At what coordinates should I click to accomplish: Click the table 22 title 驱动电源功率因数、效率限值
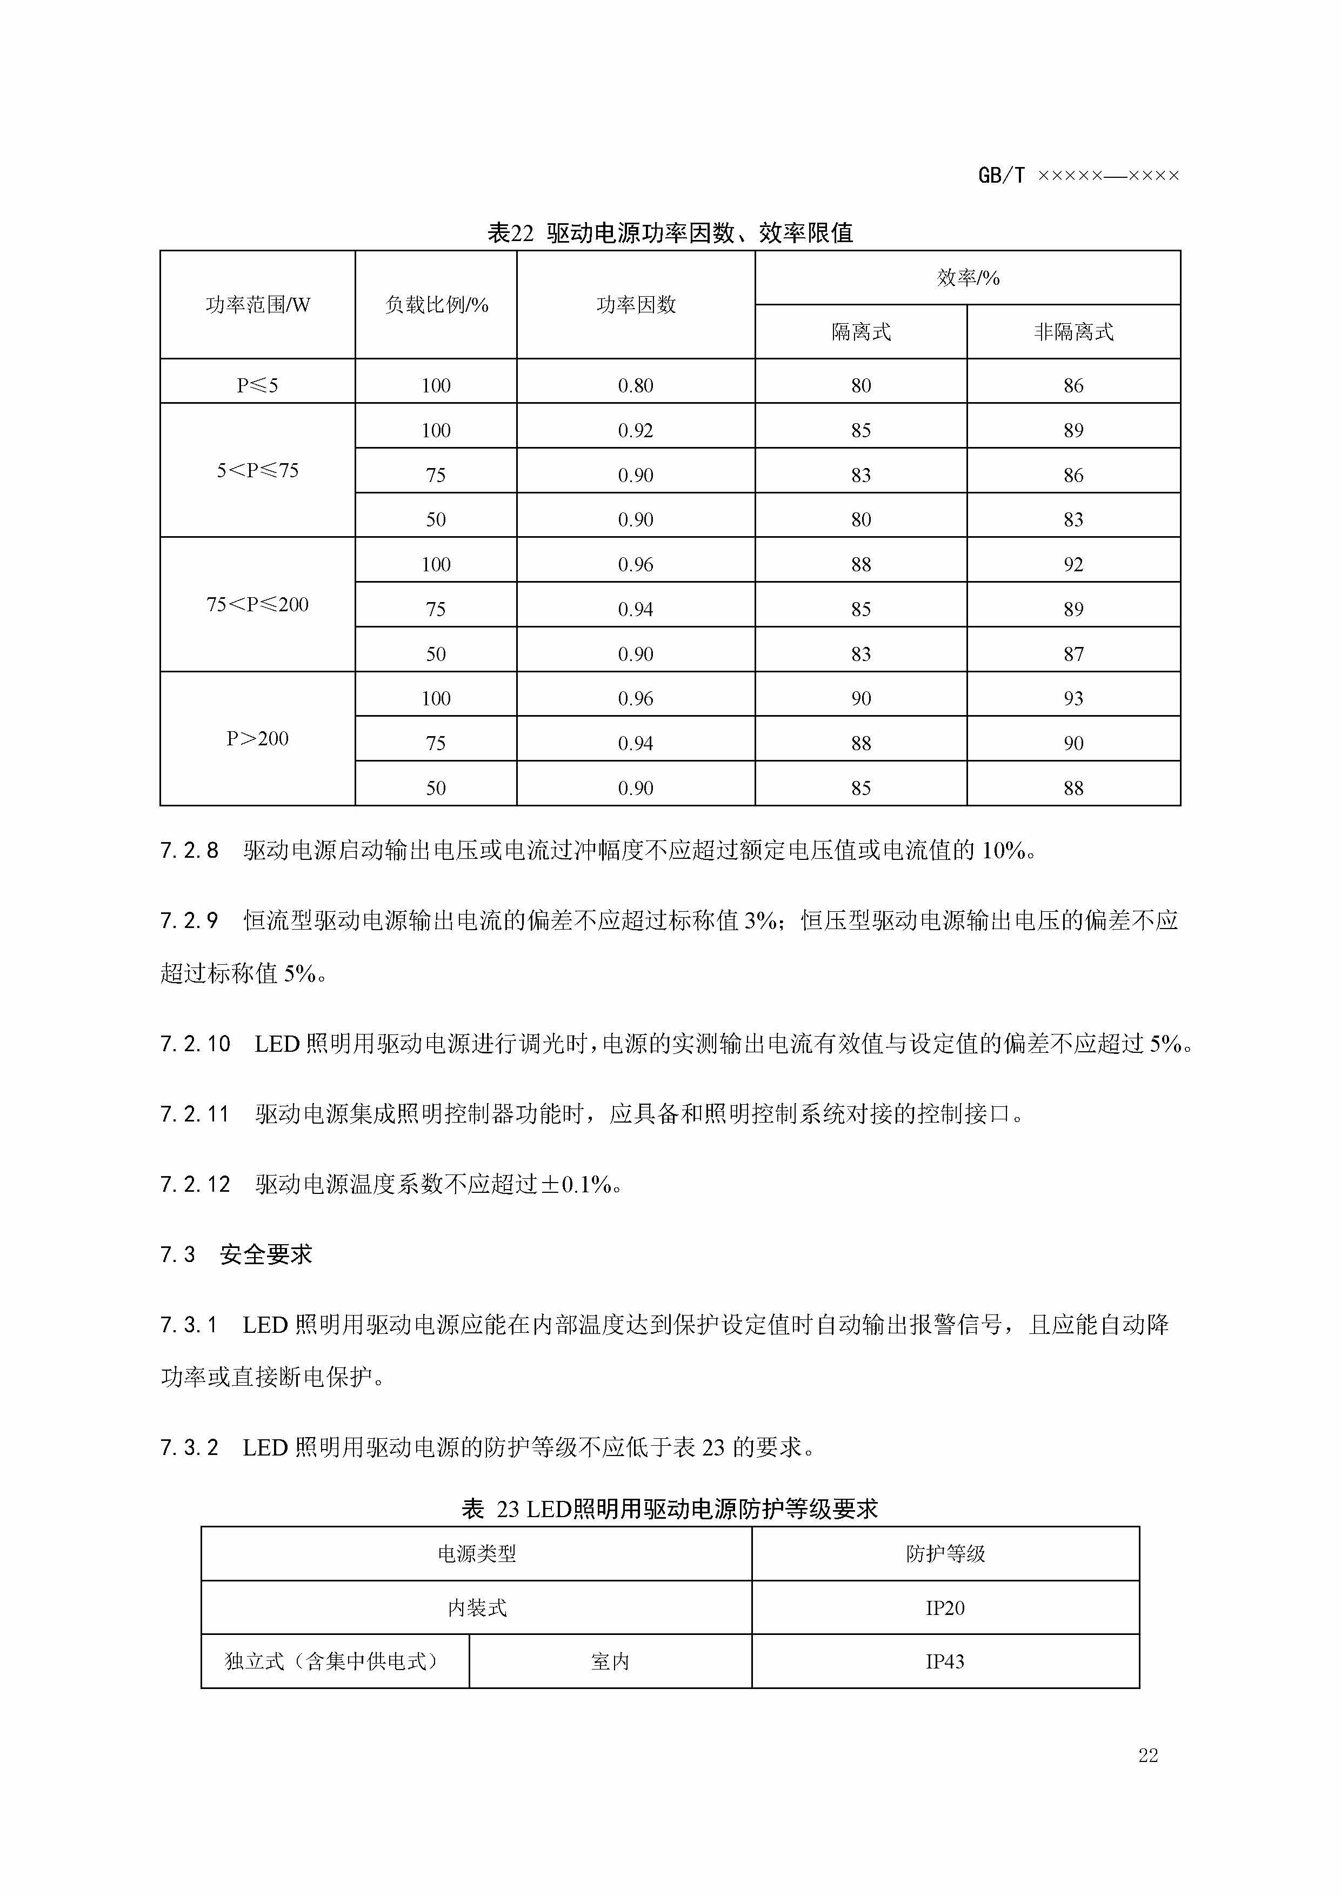coord(670,233)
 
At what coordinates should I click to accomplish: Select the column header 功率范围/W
coord(258,305)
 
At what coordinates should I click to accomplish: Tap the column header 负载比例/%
coord(436,305)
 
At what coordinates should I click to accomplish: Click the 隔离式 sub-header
coord(860,332)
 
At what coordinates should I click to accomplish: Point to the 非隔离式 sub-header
coord(1073,332)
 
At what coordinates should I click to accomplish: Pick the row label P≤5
coord(258,385)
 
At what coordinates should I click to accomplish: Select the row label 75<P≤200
coord(258,604)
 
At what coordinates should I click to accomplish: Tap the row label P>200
coord(258,738)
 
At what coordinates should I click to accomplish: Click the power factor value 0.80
coord(635,385)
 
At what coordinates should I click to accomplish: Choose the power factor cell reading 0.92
coord(635,430)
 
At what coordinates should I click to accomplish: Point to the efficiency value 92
coord(1073,564)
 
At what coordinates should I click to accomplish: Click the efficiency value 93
coord(1073,699)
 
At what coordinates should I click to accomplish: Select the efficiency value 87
coord(1073,654)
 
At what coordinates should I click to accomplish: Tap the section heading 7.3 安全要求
coord(236,1254)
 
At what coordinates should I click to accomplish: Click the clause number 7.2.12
coord(195,1184)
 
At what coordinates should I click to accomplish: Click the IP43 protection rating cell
coord(945,1661)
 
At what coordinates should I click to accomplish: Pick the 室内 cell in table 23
coord(610,1661)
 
